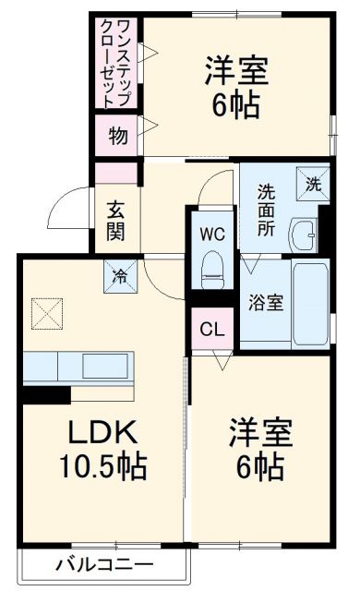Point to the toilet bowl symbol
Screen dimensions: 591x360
coord(213,268)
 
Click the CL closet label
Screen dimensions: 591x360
coord(211,329)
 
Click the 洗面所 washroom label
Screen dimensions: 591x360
coord(266,211)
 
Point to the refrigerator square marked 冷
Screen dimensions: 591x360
coord(120,274)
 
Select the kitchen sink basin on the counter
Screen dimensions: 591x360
coord(107,367)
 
